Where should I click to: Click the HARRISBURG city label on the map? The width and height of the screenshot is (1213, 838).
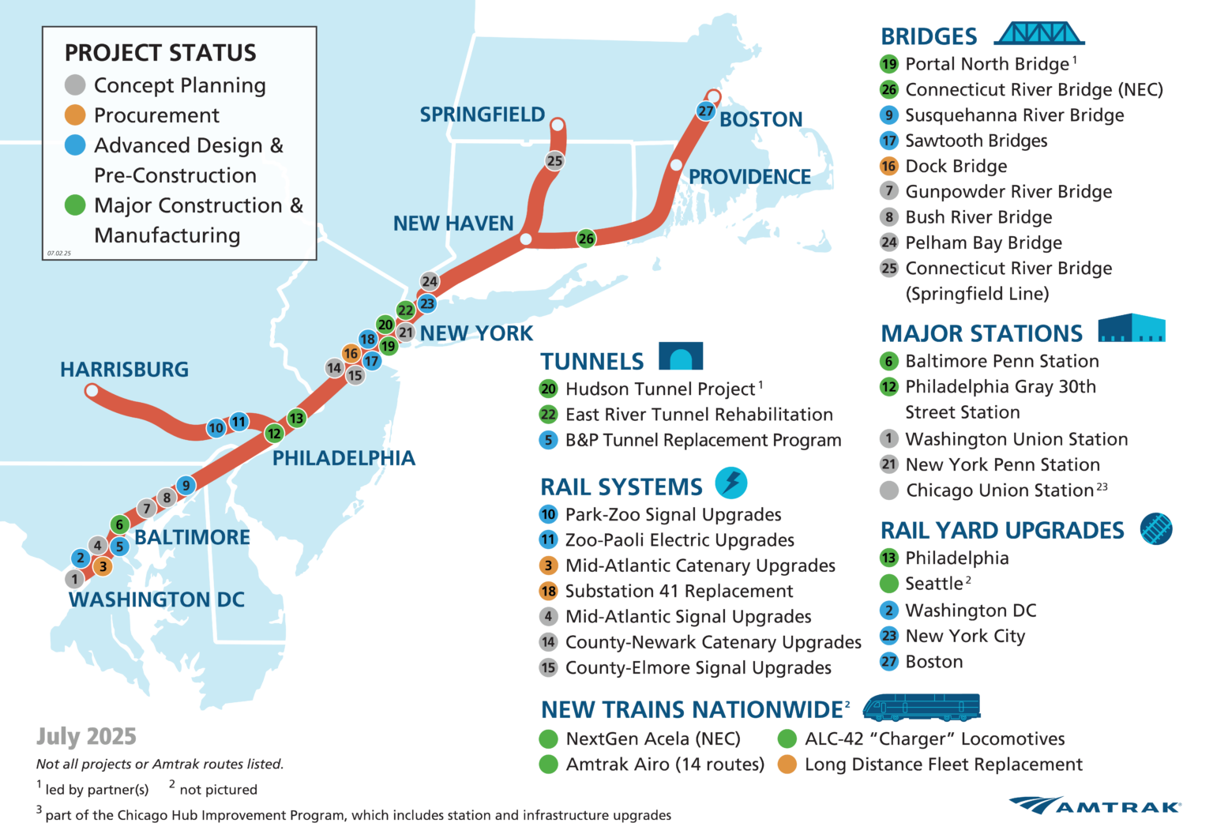124,370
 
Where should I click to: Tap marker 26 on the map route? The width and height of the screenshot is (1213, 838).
586,239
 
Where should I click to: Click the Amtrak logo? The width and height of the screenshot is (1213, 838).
1095,806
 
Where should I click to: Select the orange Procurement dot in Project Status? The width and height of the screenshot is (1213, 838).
75,115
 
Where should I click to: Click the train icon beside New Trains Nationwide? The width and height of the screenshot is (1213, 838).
921,708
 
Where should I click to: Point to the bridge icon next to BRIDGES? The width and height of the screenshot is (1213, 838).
1038,34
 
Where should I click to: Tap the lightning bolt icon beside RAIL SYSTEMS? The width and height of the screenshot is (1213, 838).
731,483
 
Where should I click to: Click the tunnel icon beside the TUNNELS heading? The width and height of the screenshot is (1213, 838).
681,357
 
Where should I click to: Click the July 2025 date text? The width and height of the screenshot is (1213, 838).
86,737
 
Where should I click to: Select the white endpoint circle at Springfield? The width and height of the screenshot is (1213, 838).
558,125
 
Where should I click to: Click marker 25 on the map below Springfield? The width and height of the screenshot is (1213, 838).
555,161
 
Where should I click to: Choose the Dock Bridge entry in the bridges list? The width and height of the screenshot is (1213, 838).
956,167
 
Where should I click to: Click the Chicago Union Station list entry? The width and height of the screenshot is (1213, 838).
999,490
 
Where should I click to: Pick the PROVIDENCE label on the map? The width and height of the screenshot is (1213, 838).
749,177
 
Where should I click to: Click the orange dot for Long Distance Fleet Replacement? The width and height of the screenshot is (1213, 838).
787,765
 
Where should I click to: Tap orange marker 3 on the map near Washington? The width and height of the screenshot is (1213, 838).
103,566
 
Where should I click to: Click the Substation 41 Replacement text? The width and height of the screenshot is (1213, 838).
679,592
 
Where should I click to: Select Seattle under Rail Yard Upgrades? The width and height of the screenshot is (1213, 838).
933,584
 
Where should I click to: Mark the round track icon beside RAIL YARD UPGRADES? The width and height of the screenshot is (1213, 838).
1156,529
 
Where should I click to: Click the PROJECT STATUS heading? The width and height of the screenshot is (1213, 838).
160,53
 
